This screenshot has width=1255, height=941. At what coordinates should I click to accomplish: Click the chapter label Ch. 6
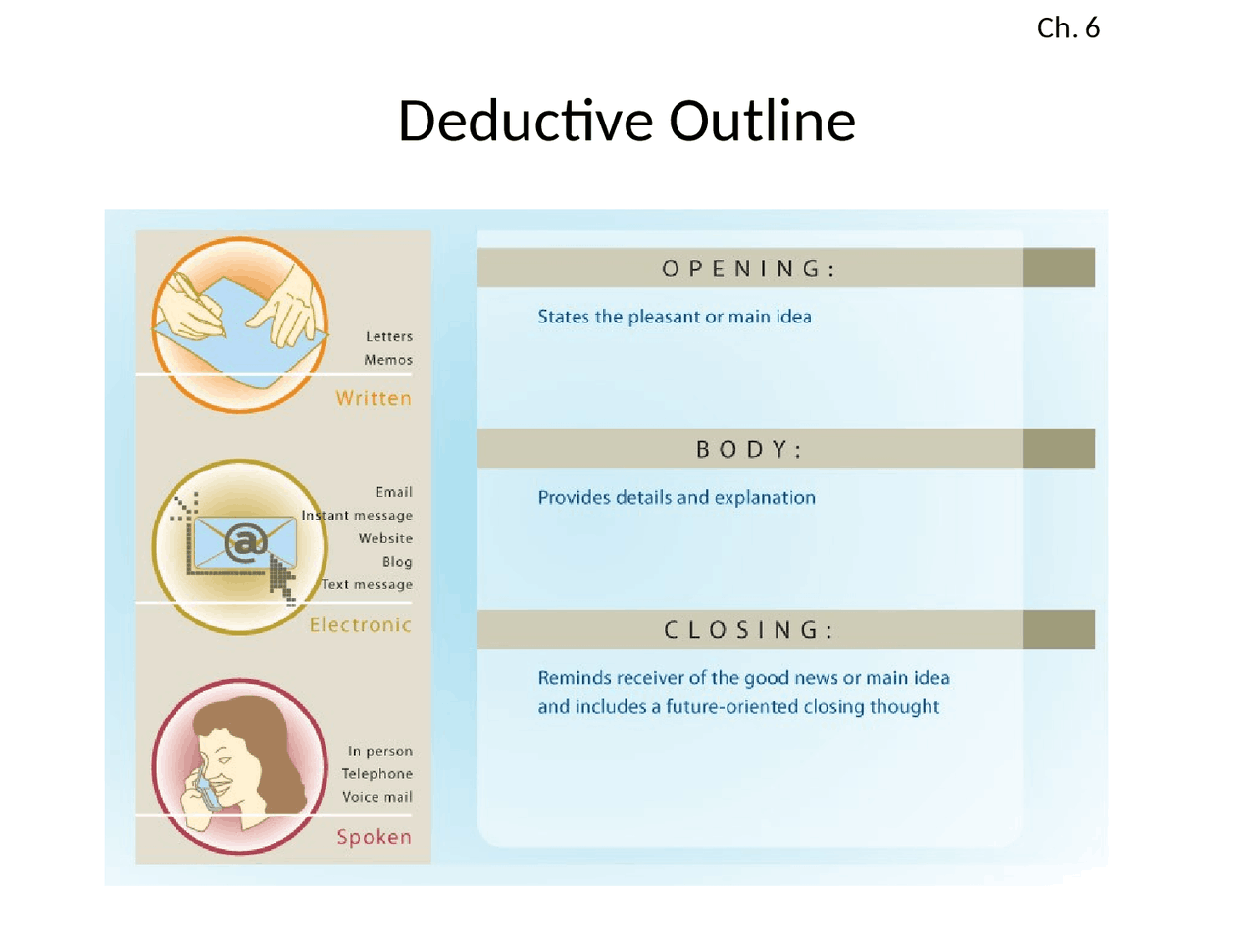(1068, 27)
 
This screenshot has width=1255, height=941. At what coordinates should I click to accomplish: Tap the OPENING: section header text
(749, 269)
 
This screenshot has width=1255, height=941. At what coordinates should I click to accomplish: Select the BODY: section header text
(749, 450)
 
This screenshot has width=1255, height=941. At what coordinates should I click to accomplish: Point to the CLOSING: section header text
(749, 630)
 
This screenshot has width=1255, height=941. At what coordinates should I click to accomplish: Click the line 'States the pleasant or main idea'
(674, 317)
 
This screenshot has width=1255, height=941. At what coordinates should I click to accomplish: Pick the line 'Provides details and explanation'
(676, 498)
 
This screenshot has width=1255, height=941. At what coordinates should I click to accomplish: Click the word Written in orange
(374, 398)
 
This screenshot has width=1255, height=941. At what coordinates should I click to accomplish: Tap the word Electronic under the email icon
(360, 624)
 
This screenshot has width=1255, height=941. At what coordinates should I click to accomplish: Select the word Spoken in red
(374, 837)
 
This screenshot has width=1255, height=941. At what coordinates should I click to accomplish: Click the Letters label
(389, 336)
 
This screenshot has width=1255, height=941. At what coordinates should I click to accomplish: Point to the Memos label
(388, 360)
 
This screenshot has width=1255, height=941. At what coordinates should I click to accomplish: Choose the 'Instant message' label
(357, 516)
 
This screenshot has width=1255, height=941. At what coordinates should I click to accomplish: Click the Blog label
(397, 562)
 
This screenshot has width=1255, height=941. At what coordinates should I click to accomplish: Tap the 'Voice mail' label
(377, 797)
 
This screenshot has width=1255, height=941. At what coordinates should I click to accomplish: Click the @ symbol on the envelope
(245, 542)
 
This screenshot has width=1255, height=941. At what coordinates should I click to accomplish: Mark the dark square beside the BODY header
(1058, 449)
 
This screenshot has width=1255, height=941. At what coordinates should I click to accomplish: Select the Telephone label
(377, 774)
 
